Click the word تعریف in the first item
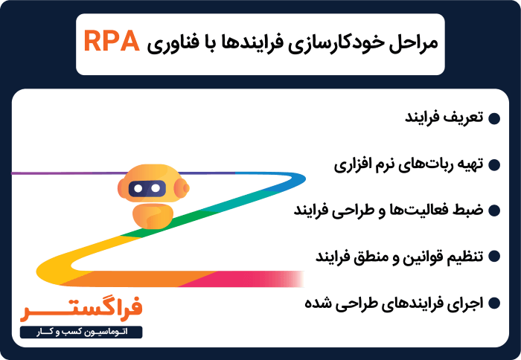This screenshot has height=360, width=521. point(466,118)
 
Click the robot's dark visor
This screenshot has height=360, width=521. point(147,190)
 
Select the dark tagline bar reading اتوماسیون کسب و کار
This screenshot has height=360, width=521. point(82,331)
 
